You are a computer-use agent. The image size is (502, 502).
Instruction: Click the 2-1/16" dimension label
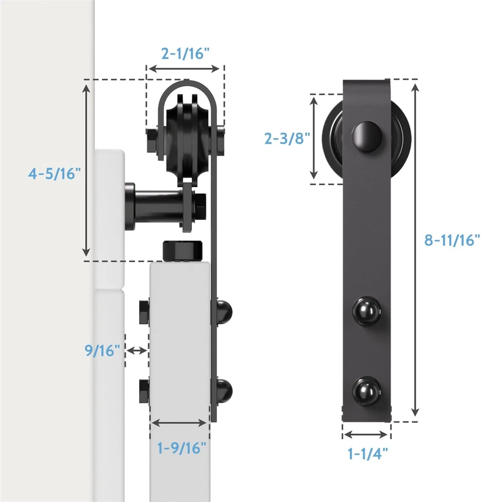pyautogui.click(x=185, y=54)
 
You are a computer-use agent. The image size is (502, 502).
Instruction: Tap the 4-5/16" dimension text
pyautogui.click(x=54, y=174)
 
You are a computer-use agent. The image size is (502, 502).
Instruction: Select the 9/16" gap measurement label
pyautogui.click(x=102, y=350)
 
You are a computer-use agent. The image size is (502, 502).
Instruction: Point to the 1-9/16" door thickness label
pyautogui.click(x=182, y=448)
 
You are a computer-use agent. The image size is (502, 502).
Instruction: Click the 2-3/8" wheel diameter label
pyautogui.click(x=287, y=139)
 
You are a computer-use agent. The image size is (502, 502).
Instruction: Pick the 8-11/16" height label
pyautogui.click(x=452, y=240)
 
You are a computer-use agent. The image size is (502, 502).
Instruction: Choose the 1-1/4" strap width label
pyautogui.click(x=367, y=453)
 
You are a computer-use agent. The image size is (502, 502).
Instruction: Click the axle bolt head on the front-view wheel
pyautogui.click(x=367, y=137)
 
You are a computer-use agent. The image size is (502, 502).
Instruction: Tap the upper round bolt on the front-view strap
pyautogui.click(x=367, y=312)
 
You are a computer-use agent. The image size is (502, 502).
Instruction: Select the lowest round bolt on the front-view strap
pyautogui.click(x=367, y=391)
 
